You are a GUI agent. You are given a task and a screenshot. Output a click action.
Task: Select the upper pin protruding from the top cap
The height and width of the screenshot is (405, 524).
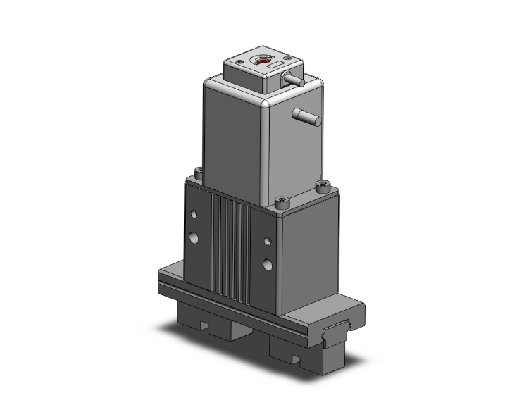[x=297, y=82]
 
